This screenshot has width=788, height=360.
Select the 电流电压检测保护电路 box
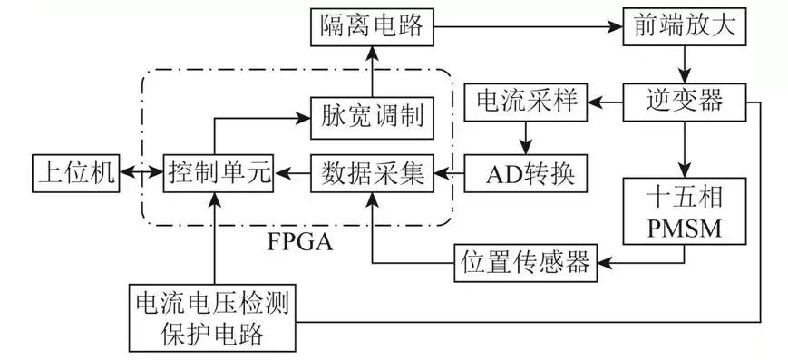(214, 320)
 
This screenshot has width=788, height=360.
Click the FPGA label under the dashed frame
(299, 243)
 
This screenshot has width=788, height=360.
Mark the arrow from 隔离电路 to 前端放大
(527, 25)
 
